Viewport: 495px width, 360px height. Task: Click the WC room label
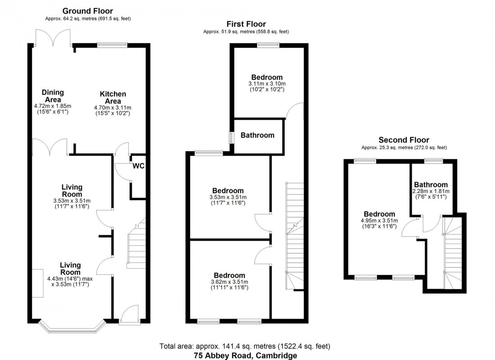click(x=138, y=166)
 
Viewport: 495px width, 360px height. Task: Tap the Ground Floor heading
click(x=88, y=11)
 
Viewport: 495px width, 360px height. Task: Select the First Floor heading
click(x=246, y=24)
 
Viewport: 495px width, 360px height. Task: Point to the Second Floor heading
click(x=404, y=140)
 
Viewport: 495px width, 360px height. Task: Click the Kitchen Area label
click(x=112, y=98)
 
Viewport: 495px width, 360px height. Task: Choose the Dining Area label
click(x=53, y=96)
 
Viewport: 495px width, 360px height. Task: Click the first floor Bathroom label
click(x=257, y=135)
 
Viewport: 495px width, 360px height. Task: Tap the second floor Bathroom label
click(x=431, y=184)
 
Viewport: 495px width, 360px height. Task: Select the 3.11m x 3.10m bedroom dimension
click(x=267, y=84)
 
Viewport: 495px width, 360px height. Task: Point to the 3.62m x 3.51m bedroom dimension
click(x=229, y=282)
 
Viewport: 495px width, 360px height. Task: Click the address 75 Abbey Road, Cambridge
click(x=245, y=355)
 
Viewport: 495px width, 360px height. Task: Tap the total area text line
click(x=245, y=346)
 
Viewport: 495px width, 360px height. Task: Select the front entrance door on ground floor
click(x=130, y=315)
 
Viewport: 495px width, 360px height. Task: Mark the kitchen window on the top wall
click(x=112, y=45)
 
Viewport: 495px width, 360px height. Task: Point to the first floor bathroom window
click(x=231, y=137)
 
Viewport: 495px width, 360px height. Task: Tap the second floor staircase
click(x=452, y=252)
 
